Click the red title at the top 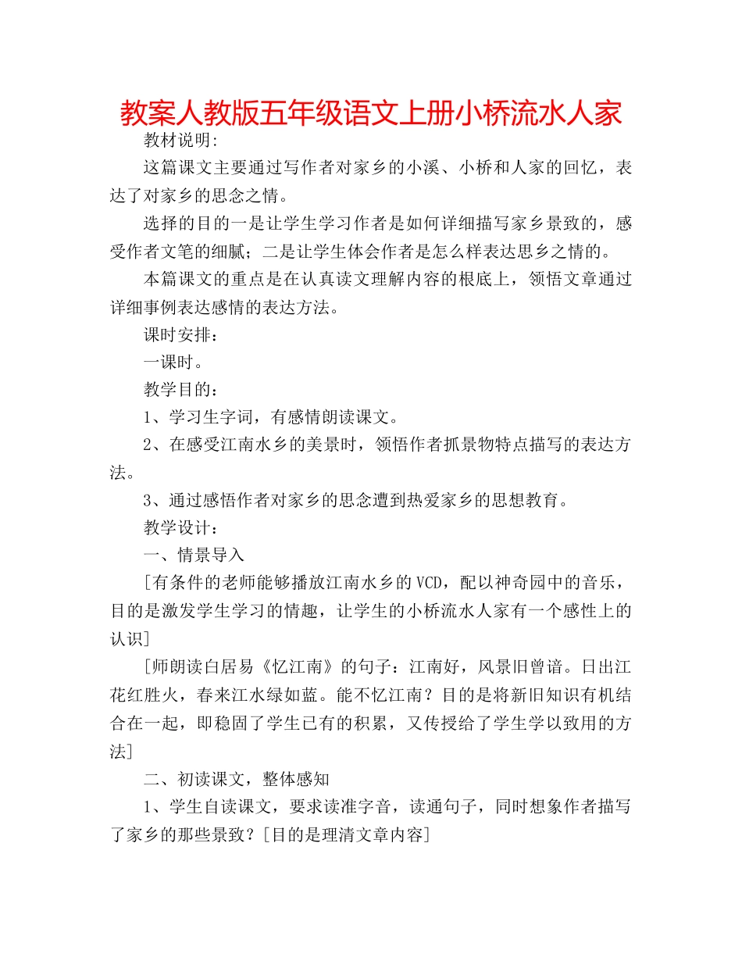(x=371, y=113)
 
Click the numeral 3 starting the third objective (x=148, y=500)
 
